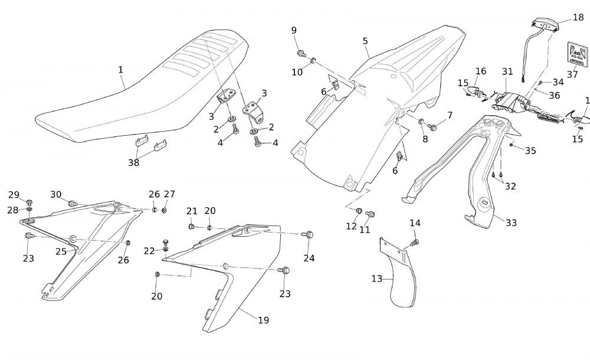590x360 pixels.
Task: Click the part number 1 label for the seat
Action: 120,70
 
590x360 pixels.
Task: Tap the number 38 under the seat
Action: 134,163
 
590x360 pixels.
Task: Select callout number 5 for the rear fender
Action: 365,41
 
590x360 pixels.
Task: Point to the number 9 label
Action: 294,31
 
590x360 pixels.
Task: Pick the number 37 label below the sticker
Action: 572,75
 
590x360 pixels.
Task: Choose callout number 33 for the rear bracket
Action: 511,222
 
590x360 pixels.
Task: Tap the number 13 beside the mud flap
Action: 376,279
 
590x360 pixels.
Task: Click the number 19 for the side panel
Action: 263,320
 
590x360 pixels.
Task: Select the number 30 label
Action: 55,194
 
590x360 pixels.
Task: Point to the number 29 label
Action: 14,195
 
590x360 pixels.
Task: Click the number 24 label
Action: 309,257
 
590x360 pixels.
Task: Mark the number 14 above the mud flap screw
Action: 415,223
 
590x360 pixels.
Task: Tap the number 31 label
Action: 507,71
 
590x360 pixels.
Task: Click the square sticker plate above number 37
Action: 576,53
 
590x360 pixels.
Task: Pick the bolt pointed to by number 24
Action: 309,235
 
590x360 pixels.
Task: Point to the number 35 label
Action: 530,150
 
